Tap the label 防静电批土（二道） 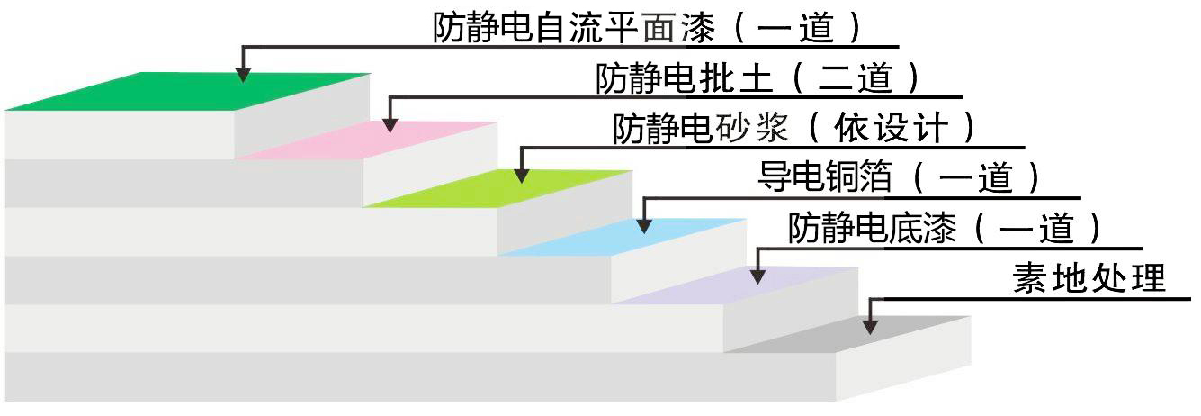point(758,78)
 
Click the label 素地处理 point(1089,278)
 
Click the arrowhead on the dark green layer point(242,76)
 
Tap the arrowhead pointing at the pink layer point(390,125)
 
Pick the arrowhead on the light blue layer point(644,225)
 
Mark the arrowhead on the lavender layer point(758,275)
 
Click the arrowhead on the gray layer point(870,326)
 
